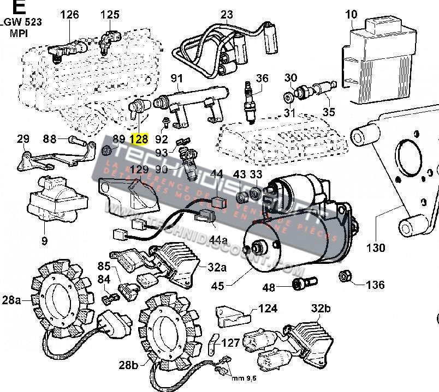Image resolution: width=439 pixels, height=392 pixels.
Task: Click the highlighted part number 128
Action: click(140, 140)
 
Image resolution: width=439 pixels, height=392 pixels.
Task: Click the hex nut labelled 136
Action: click(345, 276)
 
